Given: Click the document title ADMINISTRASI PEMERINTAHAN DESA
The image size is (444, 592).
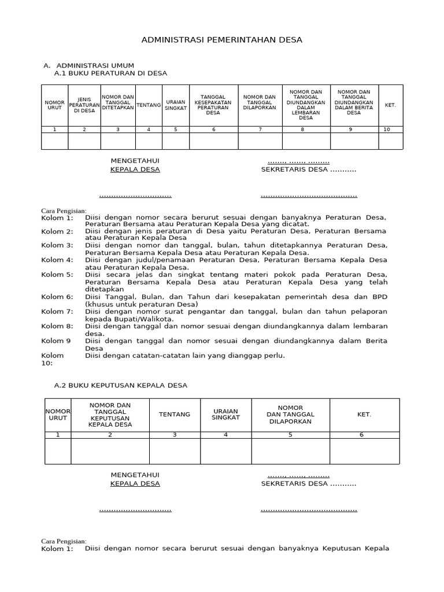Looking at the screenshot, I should click(x=222, y=40).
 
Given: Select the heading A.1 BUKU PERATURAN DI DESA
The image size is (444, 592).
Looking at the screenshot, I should click(x=110, y=73).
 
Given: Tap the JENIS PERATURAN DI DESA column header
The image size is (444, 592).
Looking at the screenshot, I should click(x=84, y=105).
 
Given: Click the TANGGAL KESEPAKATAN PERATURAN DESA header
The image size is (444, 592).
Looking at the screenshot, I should click(x=213, y=105).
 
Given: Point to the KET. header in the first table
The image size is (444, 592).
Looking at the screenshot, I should click(x=390, y=105).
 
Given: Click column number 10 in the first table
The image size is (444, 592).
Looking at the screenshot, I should click(x=387, y=129).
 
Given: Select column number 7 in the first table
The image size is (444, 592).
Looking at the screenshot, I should click(x=260, y=129).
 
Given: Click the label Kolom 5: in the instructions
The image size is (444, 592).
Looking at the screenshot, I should click(x=57, y=275).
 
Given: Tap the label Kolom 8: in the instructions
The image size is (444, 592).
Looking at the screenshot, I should click(x=57, y=327).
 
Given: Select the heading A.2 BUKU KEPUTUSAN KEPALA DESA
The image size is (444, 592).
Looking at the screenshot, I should click(x=120, y=385).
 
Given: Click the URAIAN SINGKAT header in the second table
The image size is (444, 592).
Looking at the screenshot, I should click(x=225, y=415).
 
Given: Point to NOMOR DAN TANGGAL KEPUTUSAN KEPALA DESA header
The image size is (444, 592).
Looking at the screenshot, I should click(x=110, y=415).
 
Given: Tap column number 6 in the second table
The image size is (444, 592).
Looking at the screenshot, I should click(x=362, y=435).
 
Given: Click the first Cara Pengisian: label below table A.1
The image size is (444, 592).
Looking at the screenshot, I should click(x=64, y=210).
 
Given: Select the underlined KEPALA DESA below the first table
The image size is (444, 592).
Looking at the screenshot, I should click(x=135, y=169).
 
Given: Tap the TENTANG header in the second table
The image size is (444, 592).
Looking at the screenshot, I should click(x=175, y=415).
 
